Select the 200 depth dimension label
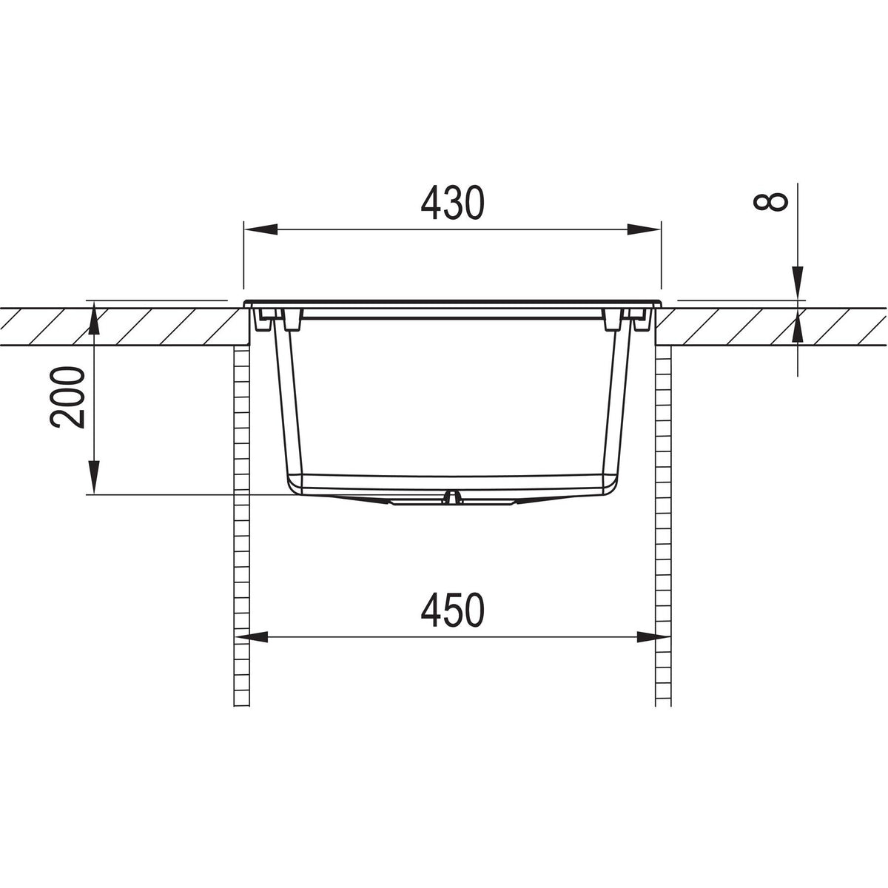click(x=68, y=397)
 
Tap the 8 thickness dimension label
click(x=774, y=203)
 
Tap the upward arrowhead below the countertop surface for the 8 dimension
click(x=798, y=329)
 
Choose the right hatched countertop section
click(x=770, y=326)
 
